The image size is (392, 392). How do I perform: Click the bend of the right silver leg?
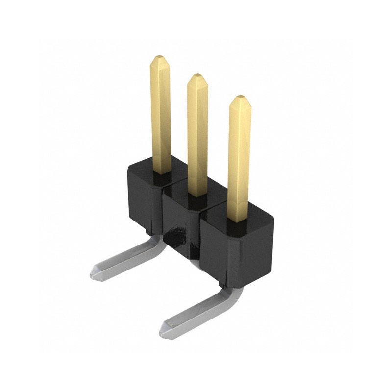point(234,294)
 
